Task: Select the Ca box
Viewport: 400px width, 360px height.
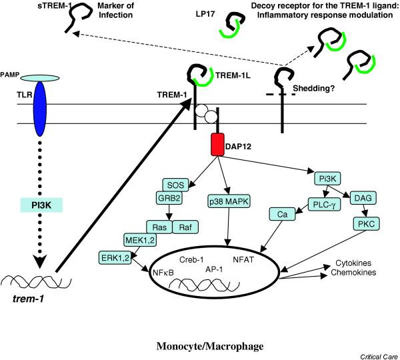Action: pos(282,215)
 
